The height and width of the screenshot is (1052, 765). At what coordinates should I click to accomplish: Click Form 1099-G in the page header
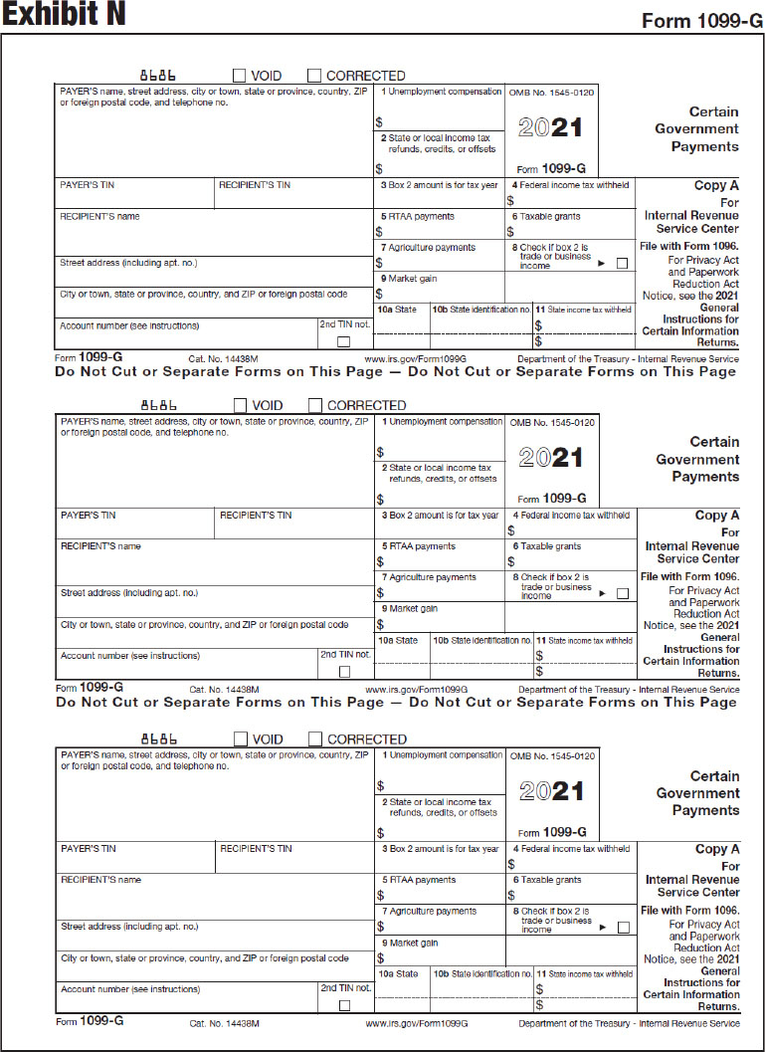[x=696, y=21]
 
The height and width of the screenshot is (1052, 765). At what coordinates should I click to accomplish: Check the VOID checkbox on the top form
[x=240, y=76]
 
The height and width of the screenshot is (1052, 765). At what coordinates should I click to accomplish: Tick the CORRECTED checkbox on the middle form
[x=315, y=405]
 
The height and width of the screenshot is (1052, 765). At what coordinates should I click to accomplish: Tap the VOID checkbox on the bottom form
[x=240, y=738]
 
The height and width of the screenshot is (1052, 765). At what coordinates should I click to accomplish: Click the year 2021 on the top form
[x=551, y=128]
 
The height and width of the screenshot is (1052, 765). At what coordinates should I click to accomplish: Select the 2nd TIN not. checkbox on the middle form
[x=344, y=672]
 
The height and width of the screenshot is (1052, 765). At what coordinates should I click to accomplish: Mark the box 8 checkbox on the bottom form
[x=623, y=928]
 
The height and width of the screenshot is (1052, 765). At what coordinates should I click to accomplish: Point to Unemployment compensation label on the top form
[x=445, y=92]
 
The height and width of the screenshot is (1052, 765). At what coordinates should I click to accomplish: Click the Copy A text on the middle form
[x=717, y=516]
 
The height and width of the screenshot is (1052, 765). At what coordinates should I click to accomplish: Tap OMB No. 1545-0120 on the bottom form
[x=552, y=756]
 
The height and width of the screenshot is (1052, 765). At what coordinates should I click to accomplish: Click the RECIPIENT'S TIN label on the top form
[x=256, y=185]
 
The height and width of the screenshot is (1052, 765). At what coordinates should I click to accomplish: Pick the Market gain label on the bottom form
[x=413, y=943]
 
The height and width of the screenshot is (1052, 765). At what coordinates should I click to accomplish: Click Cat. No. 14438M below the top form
[x=224, y=358]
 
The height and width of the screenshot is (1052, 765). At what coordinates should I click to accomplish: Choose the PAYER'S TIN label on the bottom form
[x=89, y=849]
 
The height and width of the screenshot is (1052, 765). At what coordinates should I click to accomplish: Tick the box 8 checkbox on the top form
[x=622, y=264]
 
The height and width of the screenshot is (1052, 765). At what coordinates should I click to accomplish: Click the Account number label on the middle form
[x=129, y=656]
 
